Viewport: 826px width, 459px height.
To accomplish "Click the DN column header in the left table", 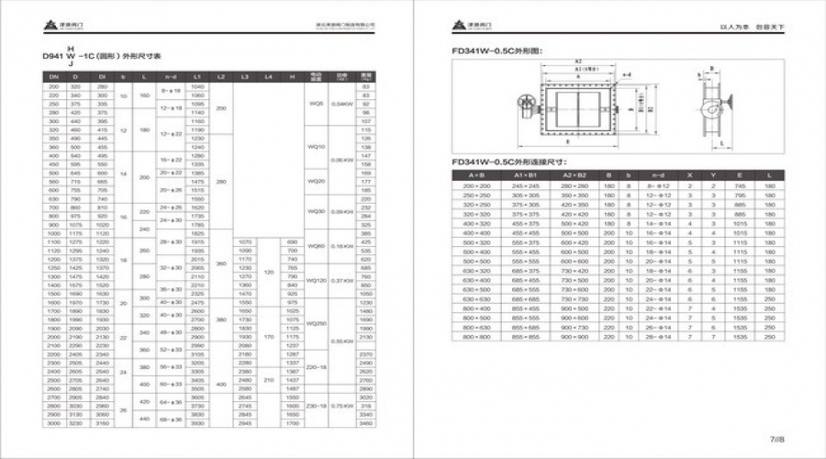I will (x=52, y=76).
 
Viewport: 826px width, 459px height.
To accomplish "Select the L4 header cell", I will (x=268, y=76).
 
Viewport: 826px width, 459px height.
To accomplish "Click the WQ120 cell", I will (x=317, y=280).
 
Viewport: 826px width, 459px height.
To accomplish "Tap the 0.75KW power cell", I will (x=341, y=405).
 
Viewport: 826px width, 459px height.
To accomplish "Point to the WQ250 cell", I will (x=317, y=322).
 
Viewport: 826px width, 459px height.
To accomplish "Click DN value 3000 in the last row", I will (x=52, y=423).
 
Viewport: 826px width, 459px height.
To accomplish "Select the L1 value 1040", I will (x=196, y=86).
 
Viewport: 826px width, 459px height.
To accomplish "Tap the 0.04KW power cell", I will (x=341, y=104).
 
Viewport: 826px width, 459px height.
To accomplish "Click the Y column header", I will (x=713, y=174).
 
